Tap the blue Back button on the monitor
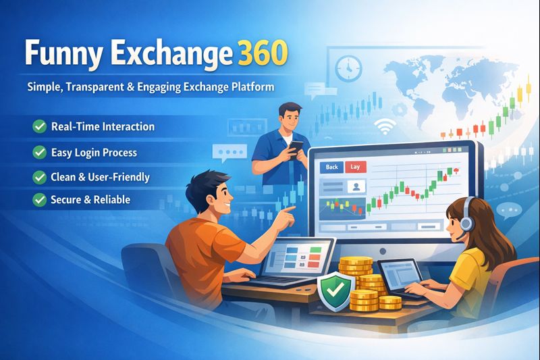click(x=331, y=166)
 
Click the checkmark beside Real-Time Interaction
click(x=38, y=126)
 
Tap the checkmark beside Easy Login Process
click(x=38, y=153)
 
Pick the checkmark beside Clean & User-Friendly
click(x=38, y=177)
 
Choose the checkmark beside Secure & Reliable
click(x=38, y=200)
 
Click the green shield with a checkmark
click(x=331, y=291)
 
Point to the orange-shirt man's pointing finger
click(x=291, y=212)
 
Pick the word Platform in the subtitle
click(x=252, y=88)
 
